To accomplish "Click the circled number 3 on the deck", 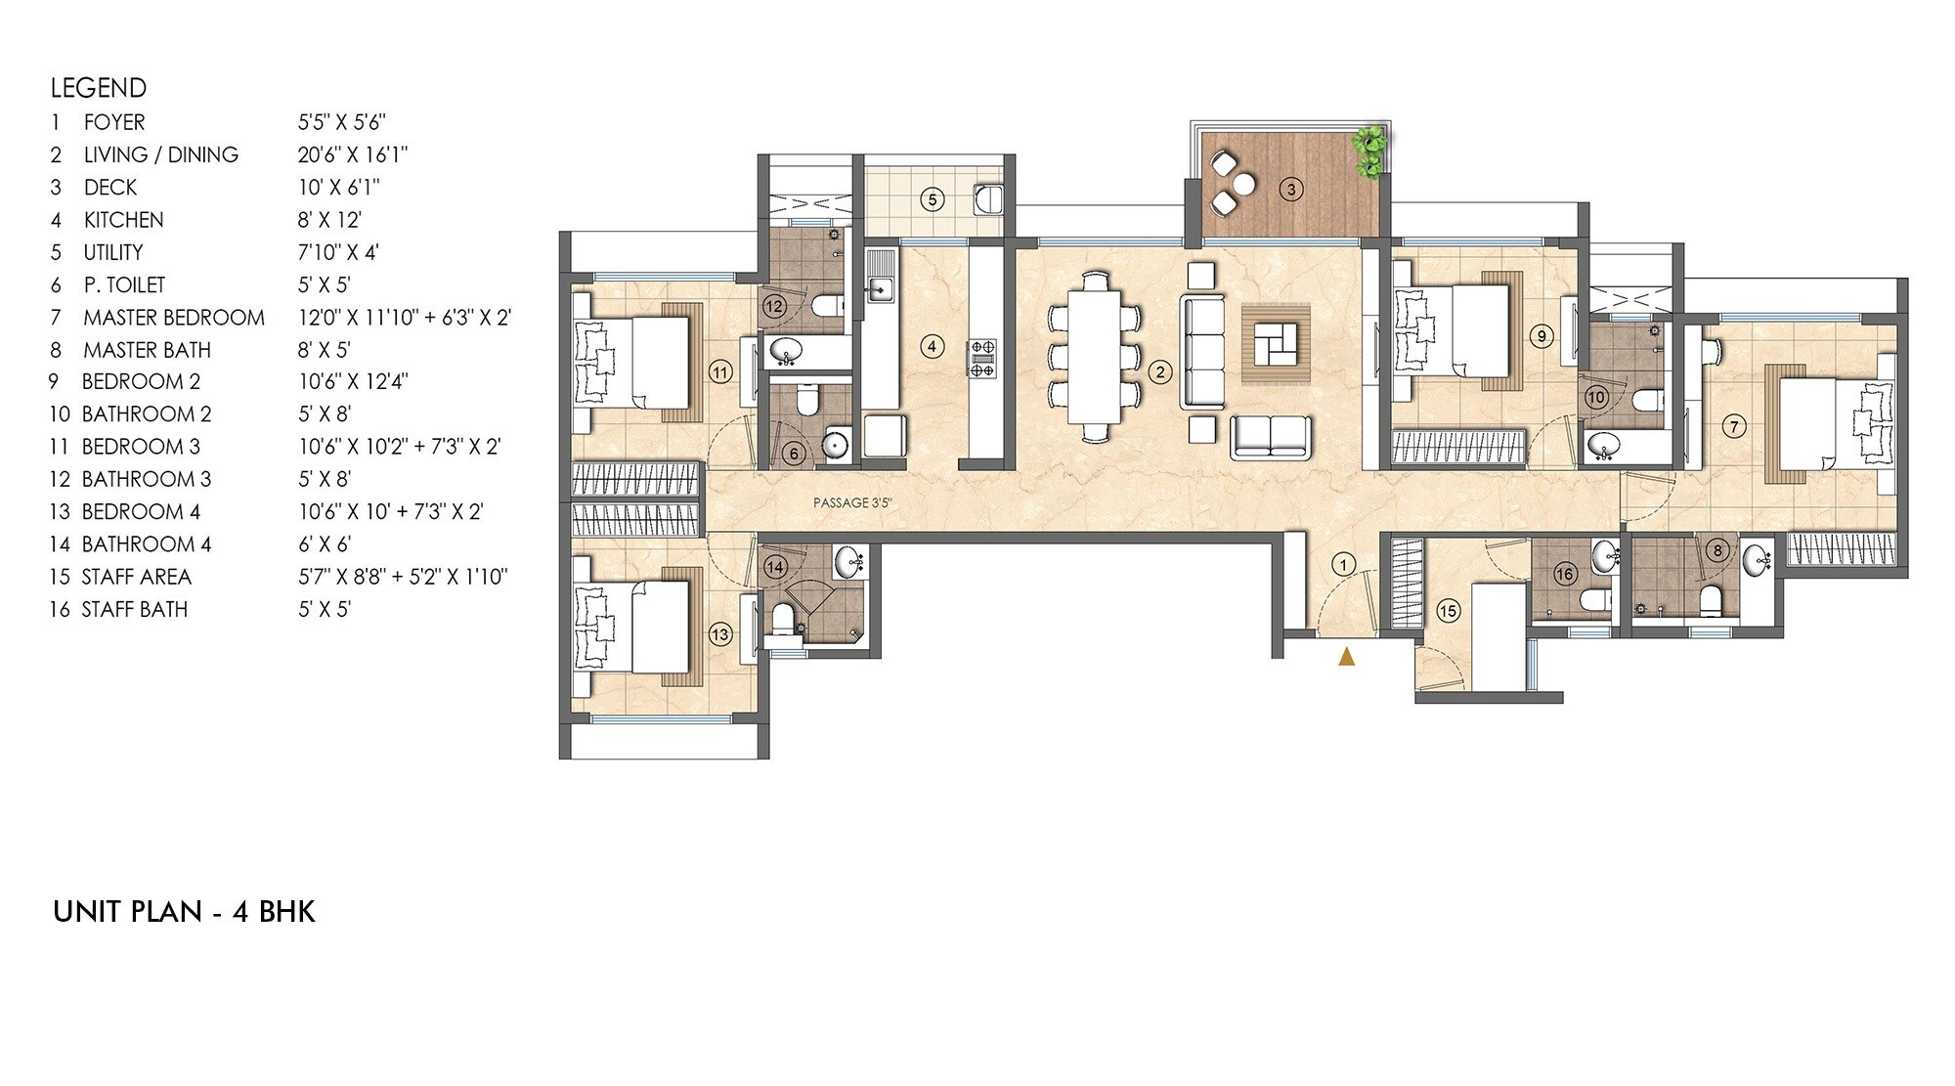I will (1291, 190).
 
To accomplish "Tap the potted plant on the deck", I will (1370, 152).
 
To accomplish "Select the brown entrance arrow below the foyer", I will (1346, 656).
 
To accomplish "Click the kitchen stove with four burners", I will (981, 358).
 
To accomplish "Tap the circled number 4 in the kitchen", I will (933, 346).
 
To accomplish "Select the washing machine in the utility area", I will (988, 199).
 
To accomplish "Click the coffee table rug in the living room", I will (1276, 344).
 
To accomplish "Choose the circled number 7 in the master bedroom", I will (1734, 426).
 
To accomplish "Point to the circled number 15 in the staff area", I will (1448, 611).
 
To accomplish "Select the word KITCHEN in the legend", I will (123, 220).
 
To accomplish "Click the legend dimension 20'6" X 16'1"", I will (353, 154).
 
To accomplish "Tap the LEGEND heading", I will (99, 88).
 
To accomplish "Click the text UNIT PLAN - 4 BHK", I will (185, 912).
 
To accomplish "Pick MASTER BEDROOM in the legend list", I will (174, 318).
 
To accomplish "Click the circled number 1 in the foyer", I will (1343, 564).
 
